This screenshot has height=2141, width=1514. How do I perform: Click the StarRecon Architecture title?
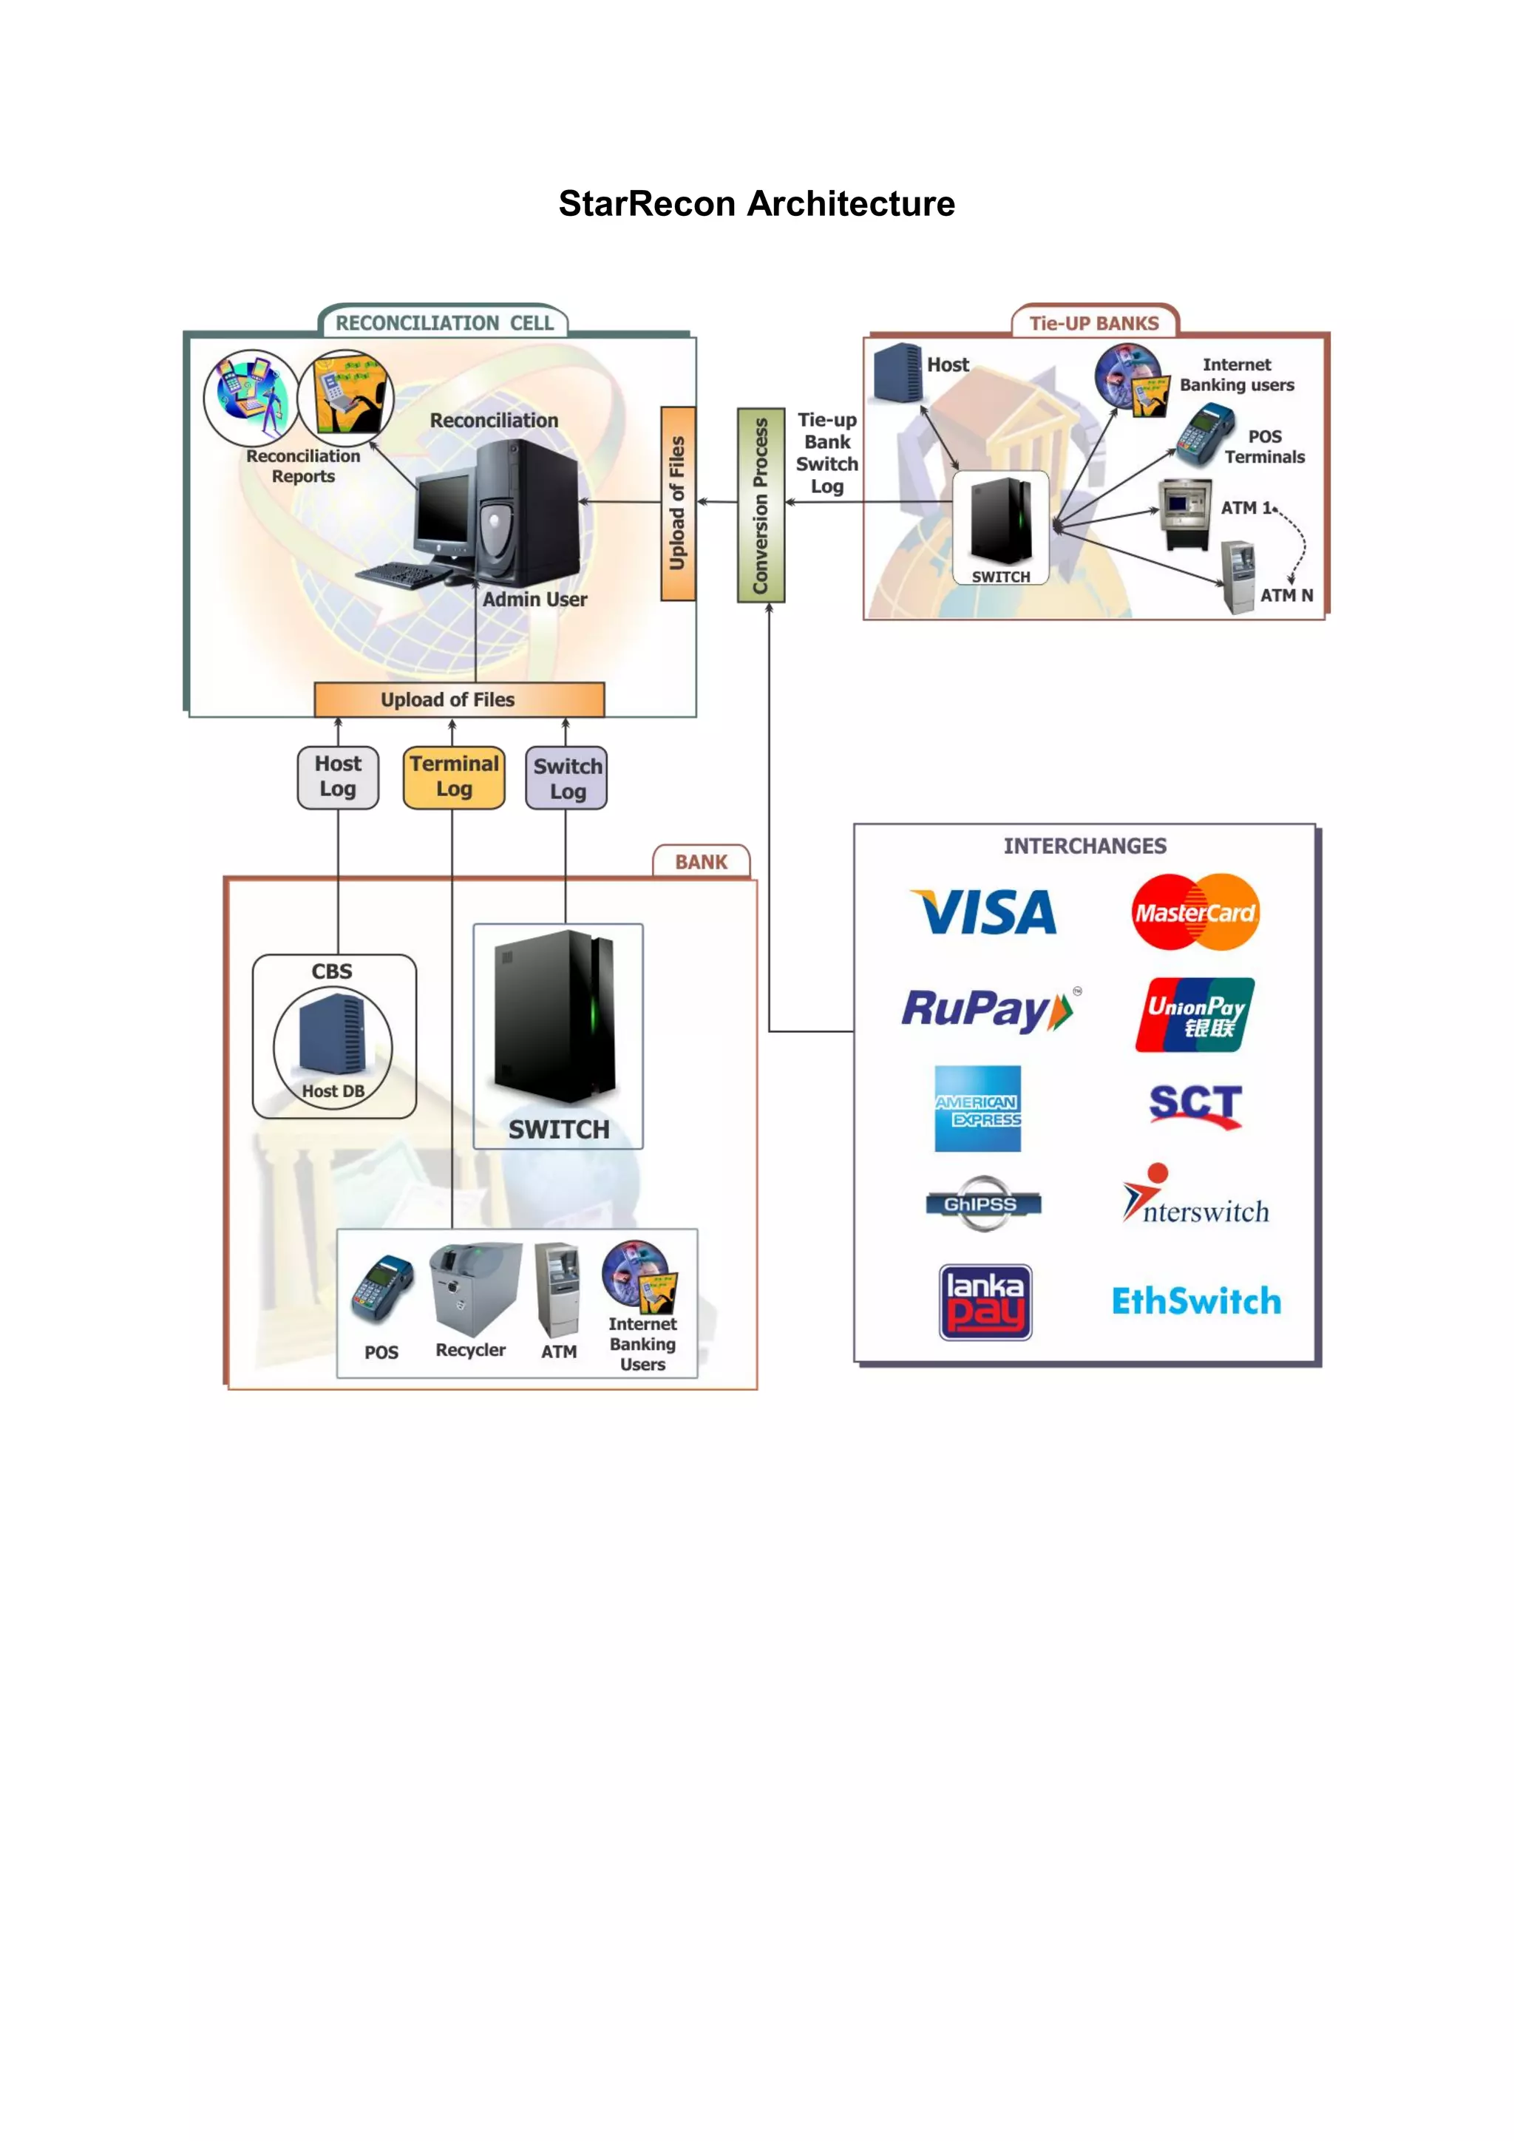tap(756, 203)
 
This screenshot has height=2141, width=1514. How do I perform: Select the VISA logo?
tap(985, 912)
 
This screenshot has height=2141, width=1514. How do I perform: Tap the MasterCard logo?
tap(1195, 912)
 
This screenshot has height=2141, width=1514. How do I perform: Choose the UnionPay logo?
tap(1195, 1014)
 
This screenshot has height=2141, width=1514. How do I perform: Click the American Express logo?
tap(977, 1109)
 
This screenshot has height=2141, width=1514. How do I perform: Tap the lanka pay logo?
tap(985, 1302)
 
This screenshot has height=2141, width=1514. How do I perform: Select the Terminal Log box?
tap(454, 777)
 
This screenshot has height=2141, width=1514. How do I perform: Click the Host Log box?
tap(338, 777)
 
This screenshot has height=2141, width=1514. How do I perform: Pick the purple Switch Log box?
tap(566, 778)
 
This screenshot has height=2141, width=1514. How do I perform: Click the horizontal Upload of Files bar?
tap(458, 699)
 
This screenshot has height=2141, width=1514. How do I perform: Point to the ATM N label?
tap(1286, 595)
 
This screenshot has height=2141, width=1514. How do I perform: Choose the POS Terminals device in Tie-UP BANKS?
tap(1204, 435)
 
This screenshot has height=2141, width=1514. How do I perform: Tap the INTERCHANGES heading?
tap(1084, 846)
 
